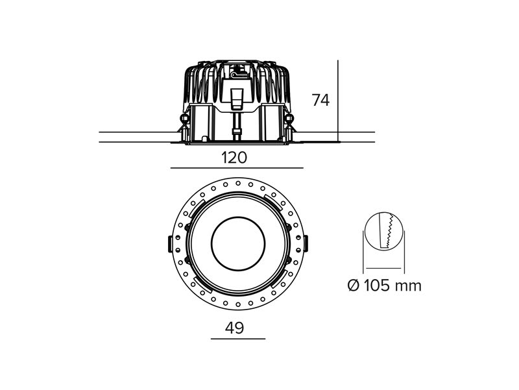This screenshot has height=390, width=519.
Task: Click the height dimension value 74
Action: (320, 101)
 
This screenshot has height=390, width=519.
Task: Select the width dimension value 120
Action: (234, 158)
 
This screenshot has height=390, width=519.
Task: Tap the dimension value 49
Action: (234, 328)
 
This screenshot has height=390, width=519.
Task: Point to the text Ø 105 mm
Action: (385, 286)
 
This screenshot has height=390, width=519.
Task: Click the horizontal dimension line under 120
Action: (237, 168)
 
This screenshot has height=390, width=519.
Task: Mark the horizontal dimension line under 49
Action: (238, 339)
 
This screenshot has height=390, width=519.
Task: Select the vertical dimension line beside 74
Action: (338, 101)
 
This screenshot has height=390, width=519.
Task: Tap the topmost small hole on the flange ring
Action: (238, 183)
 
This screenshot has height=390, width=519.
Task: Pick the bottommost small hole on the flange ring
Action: (238, 304)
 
